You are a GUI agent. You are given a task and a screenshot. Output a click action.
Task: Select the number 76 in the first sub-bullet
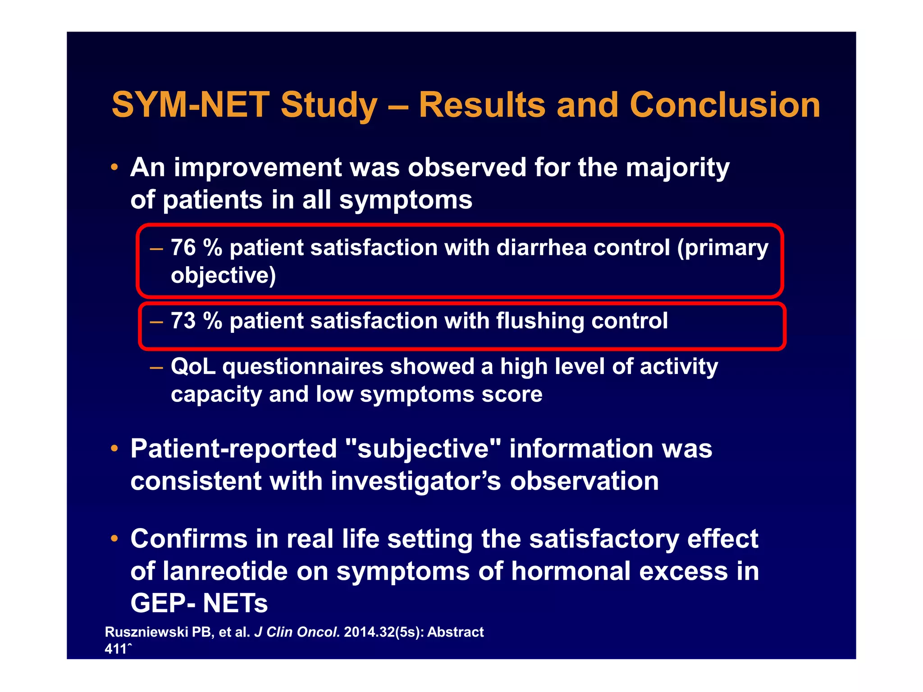coord(183,248)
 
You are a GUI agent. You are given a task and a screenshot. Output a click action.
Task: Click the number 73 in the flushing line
coord(183,321)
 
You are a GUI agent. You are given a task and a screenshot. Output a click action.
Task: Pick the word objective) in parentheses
coord(223,276)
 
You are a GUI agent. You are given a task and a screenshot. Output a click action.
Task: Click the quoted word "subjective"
coord(423,450)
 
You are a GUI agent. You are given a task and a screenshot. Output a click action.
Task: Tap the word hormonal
coord(571,571)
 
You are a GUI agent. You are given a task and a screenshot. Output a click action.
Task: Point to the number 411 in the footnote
coord(116,649)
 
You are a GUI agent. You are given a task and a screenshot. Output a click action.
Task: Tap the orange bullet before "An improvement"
coord(114,168)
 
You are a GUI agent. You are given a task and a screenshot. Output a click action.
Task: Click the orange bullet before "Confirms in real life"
coord(114,539)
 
